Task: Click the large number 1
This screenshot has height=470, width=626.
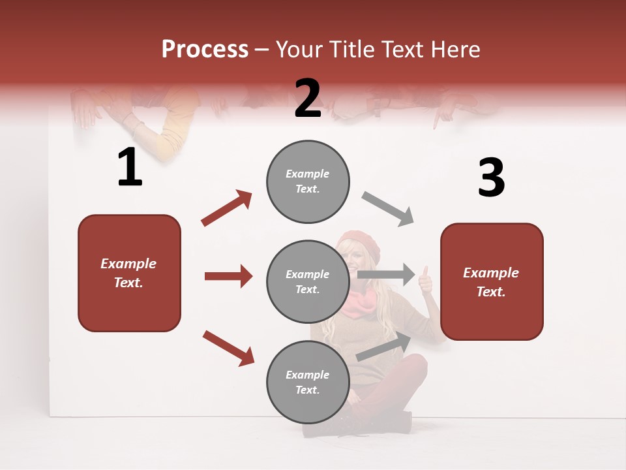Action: click(x=130, y=168)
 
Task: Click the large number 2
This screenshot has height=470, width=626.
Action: click(x=308, y=99)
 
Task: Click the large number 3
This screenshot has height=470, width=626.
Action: click(x=491, y=178)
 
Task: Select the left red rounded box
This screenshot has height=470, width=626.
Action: click(x=129, y=273)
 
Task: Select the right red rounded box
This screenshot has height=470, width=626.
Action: click(x=492, y=281)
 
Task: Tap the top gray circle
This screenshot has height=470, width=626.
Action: click(x=308, y=181)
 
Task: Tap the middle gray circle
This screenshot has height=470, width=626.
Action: click(x=308, y=281)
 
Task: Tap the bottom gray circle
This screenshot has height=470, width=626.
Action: click(x=308, y=382)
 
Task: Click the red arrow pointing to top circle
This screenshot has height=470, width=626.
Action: click(x=227, y=208)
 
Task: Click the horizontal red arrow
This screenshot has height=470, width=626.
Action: click(x=228, y=276)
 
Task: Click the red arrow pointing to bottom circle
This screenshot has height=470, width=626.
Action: click(x=228, y=348)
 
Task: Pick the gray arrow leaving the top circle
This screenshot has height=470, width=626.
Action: click(x=388, y=208)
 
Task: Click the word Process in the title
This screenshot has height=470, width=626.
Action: click(x=205, y=49)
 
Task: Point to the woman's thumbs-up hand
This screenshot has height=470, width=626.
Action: click(x=425, y=279)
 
